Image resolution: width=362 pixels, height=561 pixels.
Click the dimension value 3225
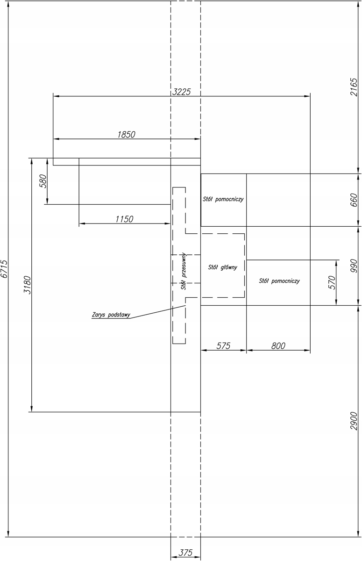[x=181, y=92]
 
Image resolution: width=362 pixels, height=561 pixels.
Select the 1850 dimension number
[x=126, y=135]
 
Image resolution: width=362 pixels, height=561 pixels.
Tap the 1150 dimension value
[x=124, y=219]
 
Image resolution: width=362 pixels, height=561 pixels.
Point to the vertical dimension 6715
[x=4, y=269]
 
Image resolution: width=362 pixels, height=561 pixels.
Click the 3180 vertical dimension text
[x=27, y=285]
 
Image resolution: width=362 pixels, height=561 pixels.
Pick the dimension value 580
[x=43, y=181]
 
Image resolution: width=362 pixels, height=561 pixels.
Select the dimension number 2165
[x=354, y=87]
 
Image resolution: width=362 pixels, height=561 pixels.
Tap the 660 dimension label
[x=354, y=200]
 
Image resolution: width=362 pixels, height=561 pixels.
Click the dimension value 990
[x=354, y=266]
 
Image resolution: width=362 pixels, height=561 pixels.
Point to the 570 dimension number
[x=332, y=282]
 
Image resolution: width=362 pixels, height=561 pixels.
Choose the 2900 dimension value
[x=354, y=421]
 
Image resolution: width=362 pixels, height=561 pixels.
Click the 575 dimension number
[x=223, y=346]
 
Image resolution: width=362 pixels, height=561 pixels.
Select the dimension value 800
[x=278, y=346]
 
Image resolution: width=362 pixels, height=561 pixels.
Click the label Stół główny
[x=222, y=267]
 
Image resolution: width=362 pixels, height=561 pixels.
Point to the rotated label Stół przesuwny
[x=184, y=271]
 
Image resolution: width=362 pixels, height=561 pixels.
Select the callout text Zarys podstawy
[x=111, y=315]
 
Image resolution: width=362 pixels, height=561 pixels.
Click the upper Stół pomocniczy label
[x=223, y=199]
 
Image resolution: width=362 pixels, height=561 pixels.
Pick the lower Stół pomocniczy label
[x=279, y=281]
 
